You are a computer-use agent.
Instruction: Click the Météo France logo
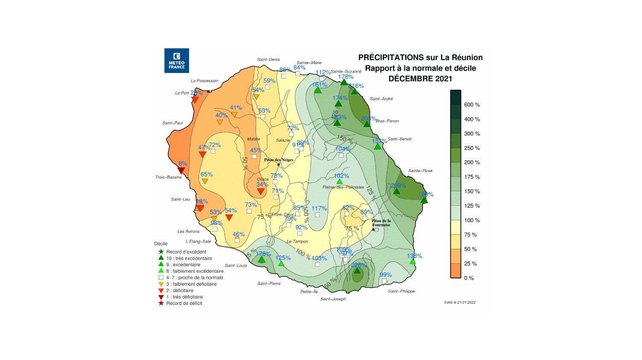pyautogui.click(x=176, y=61)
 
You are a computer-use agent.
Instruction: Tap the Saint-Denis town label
pyautogui.click(x=268, y=59)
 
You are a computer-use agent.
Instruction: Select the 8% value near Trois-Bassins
pyautogui.click(x=183, y=164)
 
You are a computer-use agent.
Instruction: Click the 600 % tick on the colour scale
pyautogui.click(x=472, y=105)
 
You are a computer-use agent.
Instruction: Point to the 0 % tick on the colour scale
pyautogui.click(x=469, y=278)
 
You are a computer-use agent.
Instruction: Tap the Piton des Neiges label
pyautogui.click(x=278, y=160)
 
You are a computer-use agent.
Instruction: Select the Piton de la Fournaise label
pyautogui.click(x=381, y=222)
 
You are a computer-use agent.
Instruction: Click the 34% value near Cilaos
pyautogui.click(x=262, y=184)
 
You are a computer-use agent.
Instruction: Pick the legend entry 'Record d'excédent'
pyautogui.click(x=186, y=252)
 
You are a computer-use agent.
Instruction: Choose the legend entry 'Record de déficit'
pyautogui.click(x=184, y=303)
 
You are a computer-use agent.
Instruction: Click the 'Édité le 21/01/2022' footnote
pyautogui.click(x=460, y=302)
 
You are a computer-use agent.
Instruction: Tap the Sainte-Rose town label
pyautogui.click(x=420, y=170)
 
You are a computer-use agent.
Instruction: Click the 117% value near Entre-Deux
pyautogui.click(x=319, y=208)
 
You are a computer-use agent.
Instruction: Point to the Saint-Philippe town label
pyautogui.click(x=401, y=291)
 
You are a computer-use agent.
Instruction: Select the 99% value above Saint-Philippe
pyautogui.click(x=385, y=275)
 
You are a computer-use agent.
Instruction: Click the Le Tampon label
pyautogui.click(x=297, y=241)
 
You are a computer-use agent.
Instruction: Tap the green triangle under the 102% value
pyautogui.click(x=339, y=182)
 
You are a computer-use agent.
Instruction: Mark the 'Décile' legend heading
pyautogui.click(x=161, y=244)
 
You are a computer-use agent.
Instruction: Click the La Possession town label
pyautogui.click(x=204, y=81)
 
